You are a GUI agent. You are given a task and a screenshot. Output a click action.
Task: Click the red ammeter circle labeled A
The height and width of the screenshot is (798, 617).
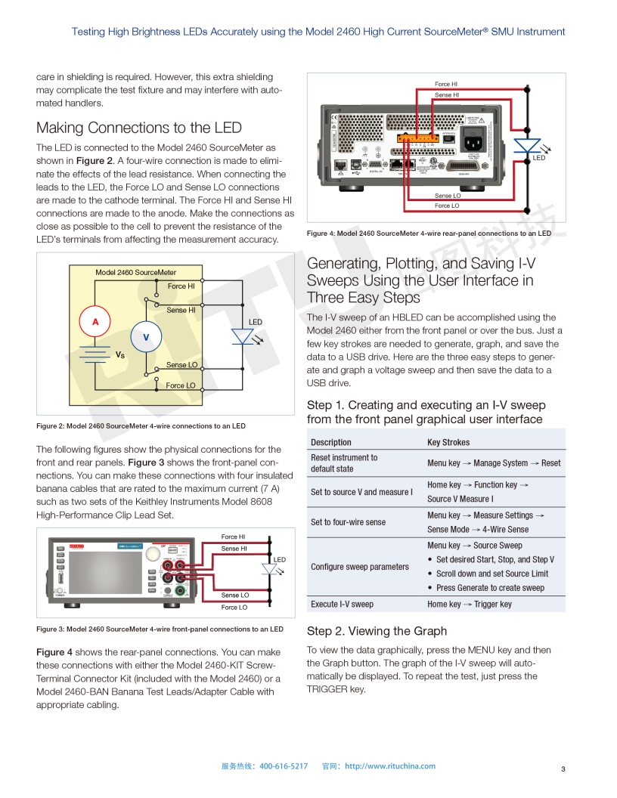tap(96, 322)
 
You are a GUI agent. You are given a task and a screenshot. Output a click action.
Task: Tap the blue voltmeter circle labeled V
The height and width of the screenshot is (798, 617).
tap(147, 337)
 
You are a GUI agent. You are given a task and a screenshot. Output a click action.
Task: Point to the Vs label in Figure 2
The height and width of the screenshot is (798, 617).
tap(119, 354)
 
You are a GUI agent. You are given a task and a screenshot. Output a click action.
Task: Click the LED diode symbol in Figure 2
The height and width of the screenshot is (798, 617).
tap(243, 337)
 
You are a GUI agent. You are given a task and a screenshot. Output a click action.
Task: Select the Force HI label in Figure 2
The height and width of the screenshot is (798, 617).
tap(181, 286)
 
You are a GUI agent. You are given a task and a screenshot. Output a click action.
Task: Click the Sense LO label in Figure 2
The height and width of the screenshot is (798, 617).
tap(181, 365)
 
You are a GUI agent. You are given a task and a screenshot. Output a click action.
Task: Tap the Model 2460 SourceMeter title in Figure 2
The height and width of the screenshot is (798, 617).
tap(135, 272)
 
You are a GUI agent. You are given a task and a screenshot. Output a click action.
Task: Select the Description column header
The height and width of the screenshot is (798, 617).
tap(331, 442)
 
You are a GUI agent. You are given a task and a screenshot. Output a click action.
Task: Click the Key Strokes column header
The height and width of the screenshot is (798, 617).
tap(448, 442)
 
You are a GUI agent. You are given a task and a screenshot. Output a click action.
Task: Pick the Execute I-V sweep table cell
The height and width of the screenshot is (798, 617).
tap(342, 604)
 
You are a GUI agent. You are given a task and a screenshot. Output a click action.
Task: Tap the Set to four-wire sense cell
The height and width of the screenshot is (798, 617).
tap(348, 522)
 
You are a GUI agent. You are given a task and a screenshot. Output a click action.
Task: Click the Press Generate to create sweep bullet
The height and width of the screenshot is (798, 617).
tap(489, 588)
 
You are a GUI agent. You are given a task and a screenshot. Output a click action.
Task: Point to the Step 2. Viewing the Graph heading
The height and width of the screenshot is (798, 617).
tap(377, 631)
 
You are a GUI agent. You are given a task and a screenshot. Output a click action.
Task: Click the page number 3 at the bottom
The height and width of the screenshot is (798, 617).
tap(563, 769)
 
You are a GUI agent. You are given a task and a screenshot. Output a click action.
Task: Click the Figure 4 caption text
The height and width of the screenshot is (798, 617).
tap(429, 234)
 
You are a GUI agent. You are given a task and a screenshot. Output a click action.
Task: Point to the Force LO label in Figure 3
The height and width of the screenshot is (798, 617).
tap(234, 607)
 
